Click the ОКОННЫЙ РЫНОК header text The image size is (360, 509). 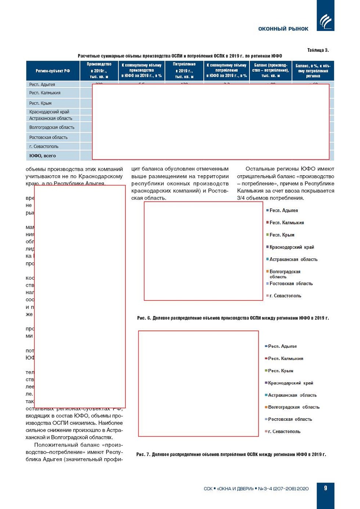pos(283,29)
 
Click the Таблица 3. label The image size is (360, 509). pos(318,50)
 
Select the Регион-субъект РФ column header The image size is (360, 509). pos(53,71)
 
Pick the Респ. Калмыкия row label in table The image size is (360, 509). pos(45,93)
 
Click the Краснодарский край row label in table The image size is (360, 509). pos(49,112)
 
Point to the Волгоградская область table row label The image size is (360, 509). pos(52,128)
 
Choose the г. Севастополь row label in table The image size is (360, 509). pos(44,146)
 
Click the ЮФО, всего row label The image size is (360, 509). pos(43,156)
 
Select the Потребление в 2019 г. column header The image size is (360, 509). pos(184,71)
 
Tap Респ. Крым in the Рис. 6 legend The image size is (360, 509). pos(282,235)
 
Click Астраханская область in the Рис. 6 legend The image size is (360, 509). pos(293,259)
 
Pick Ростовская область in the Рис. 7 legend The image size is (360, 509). pos(290,419)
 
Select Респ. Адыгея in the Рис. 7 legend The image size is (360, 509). pos(282,346)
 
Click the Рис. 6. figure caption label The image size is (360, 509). pos(144,318)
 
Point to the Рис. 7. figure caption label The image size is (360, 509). pos(143,455)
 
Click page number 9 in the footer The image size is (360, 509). pos(325,488)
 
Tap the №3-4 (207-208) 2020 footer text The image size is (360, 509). pos(283,489)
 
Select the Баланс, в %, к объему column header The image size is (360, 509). pos(313,71)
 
